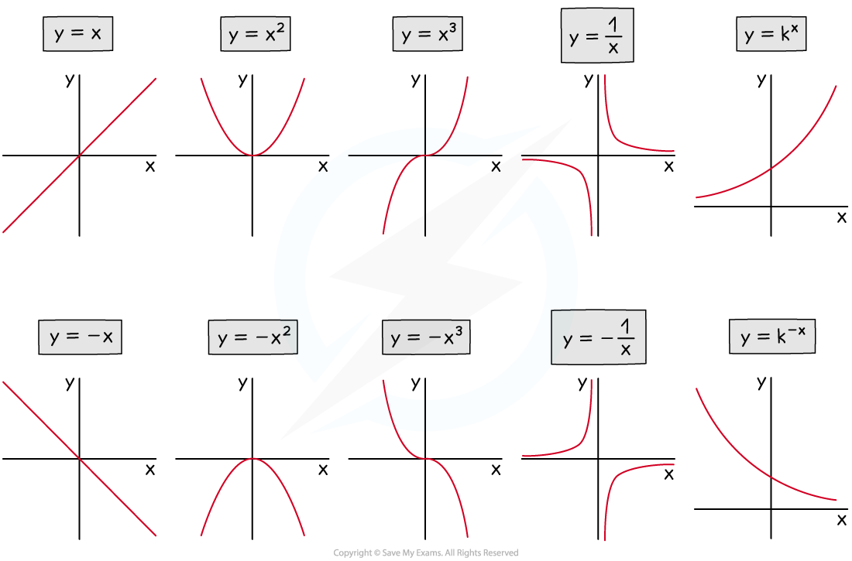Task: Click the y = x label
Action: point(77,35)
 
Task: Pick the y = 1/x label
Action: point(597,36)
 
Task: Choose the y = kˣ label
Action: point(771,35)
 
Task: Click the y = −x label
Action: point(81,337)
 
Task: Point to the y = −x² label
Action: point(253,337)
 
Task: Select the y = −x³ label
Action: point(427,338)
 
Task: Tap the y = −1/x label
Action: point(598,338)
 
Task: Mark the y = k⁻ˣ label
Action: point(772,337)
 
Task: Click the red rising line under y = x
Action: point(80,154)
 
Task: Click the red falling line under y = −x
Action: point(80,458)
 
